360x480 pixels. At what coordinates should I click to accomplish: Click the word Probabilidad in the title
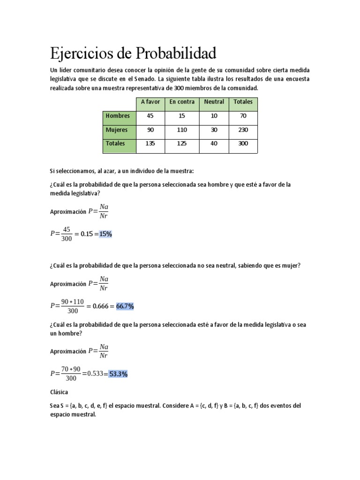point(176,53)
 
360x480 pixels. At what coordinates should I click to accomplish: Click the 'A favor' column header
point(150,102)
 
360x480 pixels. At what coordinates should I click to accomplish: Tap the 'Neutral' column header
point(214,102)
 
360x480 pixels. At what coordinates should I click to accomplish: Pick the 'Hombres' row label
point(118,116)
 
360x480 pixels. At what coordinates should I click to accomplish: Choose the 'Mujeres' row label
point(117,130)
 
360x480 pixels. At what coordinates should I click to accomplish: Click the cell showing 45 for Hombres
point(150,116)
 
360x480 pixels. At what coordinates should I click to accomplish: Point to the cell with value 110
point(182,130)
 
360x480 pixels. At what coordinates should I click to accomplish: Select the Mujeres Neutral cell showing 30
point(214,130)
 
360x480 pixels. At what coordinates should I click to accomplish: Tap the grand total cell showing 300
point(243,144)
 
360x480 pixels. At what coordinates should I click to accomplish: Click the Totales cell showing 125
point(182,144)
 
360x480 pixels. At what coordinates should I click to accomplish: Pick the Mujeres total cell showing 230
point(243,130)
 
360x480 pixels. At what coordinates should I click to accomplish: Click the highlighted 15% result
point(105,234)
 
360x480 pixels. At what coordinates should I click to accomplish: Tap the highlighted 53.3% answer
point(119,374)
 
